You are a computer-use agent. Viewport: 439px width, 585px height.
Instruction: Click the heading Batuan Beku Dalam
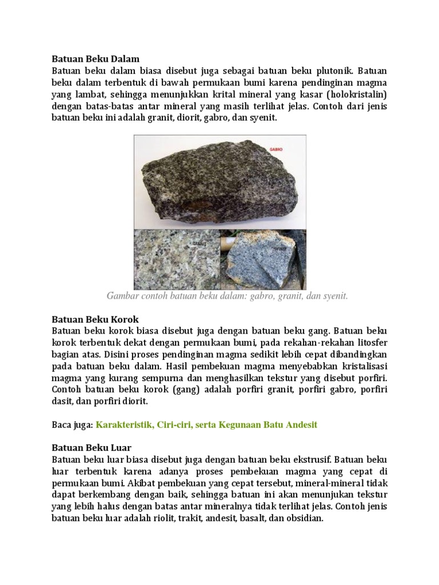[95, 58]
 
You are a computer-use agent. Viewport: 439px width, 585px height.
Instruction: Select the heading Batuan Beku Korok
[95, 319]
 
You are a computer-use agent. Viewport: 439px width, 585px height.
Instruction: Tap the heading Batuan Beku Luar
[92, 447]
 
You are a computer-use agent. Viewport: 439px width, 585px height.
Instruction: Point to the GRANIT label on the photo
[200, 242]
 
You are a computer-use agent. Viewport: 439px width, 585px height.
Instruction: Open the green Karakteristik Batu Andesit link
[206, 424]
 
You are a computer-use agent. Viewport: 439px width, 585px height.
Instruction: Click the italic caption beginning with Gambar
[227, 296]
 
